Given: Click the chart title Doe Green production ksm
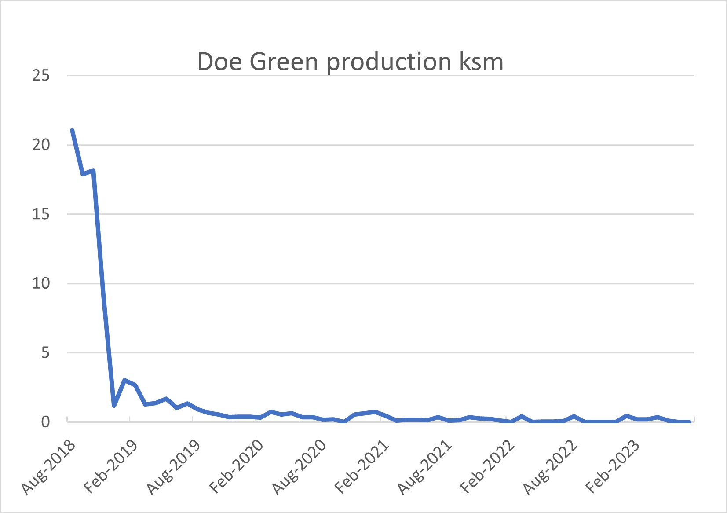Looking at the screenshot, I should [350, 62].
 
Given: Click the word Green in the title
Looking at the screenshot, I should [284, 62].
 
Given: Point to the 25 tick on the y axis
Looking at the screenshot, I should [41, 76].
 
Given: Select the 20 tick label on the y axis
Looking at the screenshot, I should [41, 145].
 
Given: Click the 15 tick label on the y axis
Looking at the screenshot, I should [41, 214].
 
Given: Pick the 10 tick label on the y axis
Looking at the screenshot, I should [41, 283].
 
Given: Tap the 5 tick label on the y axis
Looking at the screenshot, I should [45, 353].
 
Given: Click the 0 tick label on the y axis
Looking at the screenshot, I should [45, 422].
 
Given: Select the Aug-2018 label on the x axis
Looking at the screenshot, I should [48, 467].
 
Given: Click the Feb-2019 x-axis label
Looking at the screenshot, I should [111, 467].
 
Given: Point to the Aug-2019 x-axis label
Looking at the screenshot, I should [174, 467].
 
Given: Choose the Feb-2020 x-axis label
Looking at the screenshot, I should [236, 467].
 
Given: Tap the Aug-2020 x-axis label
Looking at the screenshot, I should [299, 467].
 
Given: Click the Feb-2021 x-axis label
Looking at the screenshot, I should [362, 467].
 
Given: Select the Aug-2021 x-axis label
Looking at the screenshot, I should [424, 467].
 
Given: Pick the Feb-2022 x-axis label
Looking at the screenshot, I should [487, 467].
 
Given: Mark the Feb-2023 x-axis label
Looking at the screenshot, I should [613, 467].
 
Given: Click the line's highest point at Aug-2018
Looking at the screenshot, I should [72, 131].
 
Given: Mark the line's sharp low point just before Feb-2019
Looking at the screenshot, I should [114, 405].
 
